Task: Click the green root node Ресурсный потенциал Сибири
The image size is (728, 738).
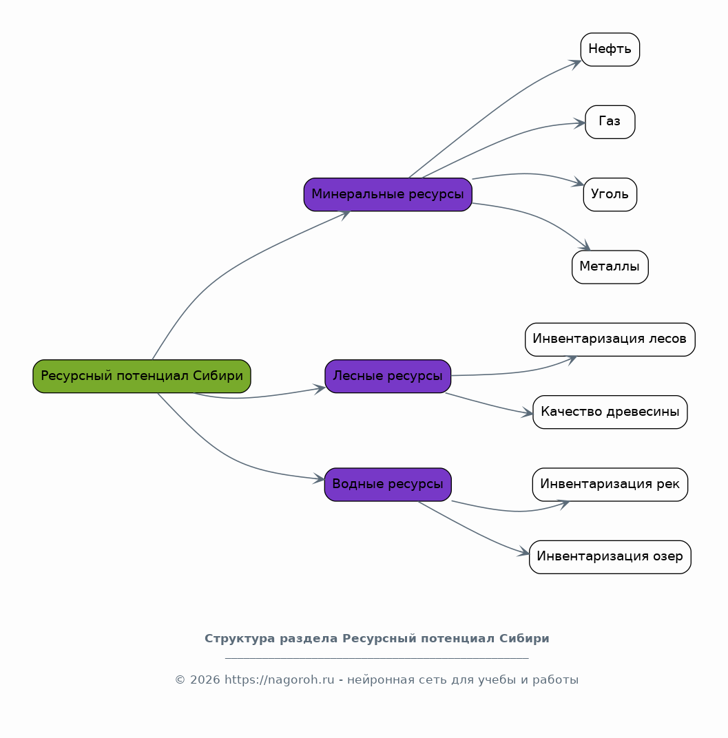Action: point(142,376)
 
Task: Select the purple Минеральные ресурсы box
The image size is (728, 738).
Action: point(388,194)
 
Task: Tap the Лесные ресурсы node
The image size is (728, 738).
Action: point(388,376)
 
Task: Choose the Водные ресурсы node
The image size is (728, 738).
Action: point(388,485)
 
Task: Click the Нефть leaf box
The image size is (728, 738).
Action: point(610,50)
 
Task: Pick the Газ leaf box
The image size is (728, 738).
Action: point(610,122)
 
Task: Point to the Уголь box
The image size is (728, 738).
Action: point(610,194)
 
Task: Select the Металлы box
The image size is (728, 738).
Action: point(610,267)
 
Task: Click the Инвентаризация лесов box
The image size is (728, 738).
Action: point(610,339)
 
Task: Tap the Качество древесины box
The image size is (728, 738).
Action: point(610,412)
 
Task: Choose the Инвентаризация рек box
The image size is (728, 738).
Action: point(610,485)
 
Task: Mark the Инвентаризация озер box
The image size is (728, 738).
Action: point(610,557)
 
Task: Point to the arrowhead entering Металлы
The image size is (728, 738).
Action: point(586,246)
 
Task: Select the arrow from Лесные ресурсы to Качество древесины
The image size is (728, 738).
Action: point(489,405)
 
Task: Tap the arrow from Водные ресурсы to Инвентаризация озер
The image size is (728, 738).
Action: point(472,531)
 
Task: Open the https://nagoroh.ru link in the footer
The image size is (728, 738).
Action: point(279,679)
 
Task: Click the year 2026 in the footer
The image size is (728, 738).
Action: point(205,679)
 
